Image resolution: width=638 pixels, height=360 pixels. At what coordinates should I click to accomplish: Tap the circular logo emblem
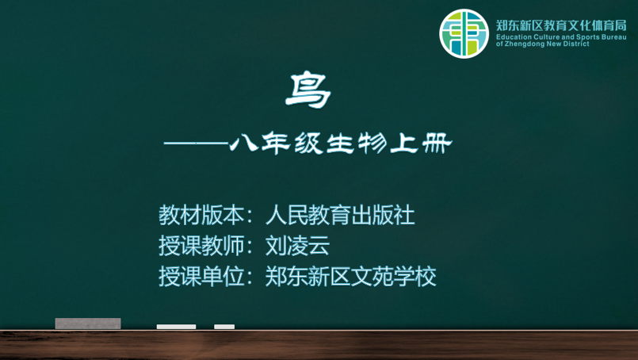point(464,34)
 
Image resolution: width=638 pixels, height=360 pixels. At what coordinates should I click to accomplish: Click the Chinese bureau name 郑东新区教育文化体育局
point(561,25)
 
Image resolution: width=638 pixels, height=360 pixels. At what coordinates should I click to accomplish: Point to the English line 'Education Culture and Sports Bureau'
point(561,37)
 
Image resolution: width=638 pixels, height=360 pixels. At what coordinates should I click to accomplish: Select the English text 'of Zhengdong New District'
point(542,44)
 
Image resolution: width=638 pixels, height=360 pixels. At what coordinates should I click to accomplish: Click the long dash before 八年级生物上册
point(196,144)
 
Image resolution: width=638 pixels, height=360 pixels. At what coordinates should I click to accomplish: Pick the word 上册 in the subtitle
point(421,144)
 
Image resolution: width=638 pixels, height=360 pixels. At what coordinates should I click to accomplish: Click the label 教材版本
point(201,215)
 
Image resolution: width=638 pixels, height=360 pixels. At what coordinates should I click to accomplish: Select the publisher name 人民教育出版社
point(340,215)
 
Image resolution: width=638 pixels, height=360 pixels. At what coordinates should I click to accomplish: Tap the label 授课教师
point(201,246)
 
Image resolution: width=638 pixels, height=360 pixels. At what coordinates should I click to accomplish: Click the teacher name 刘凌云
point(297,246)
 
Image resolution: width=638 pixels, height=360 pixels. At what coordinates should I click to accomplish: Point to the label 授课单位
point(201,277)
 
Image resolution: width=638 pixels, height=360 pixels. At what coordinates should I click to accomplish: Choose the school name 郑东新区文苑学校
point(351,277)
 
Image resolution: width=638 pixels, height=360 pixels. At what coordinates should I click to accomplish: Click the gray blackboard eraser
point(88,324)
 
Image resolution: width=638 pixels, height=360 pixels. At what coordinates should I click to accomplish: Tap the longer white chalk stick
point(176,327)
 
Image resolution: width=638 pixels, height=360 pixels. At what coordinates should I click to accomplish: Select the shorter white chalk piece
point(224,327)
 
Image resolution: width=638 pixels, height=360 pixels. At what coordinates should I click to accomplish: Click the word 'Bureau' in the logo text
point(614,37)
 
